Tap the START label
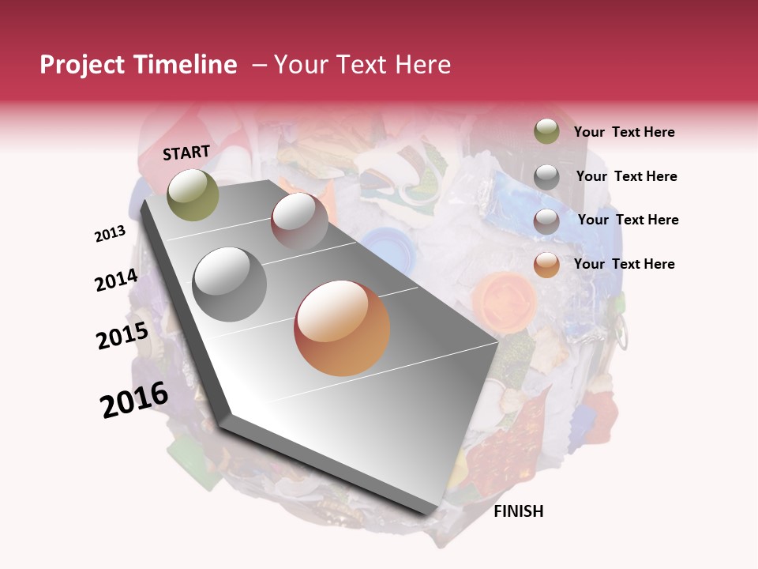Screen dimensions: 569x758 click(x=186, y=153)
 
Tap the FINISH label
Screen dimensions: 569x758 click(x=518, y=511)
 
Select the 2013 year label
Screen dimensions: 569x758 click(x=111, y=233)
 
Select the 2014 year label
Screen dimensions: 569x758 click(x=117, y=281)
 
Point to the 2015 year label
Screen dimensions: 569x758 click(x=122, y=336)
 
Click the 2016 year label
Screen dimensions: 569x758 click(x=134, y=400)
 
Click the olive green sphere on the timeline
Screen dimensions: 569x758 click(x=193, y=194)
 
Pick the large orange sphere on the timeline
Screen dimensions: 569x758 click(x=342, y=328)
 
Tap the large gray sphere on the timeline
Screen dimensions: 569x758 click(x=230, y=284)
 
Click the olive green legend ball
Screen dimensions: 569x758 click(x=546, y=131)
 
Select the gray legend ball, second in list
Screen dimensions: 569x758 click(x=546, y=176)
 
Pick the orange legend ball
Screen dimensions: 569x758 click(x=546, y=265)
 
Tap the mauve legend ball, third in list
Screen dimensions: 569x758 click(x=546, y=220)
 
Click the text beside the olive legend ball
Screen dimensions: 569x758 click(x=624, y=133)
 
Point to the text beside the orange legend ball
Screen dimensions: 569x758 click(x=624, y=264)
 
